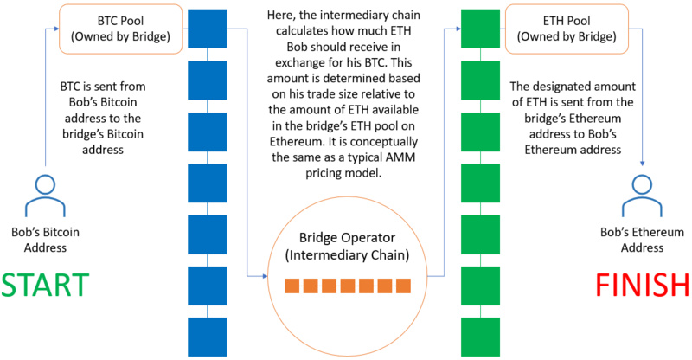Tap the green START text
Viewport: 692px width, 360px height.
(45, 286)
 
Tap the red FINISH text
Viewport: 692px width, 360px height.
(642, 286)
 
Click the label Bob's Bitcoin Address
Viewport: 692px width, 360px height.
(42, 238)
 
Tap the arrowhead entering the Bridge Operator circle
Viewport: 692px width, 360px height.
(267, 276)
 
